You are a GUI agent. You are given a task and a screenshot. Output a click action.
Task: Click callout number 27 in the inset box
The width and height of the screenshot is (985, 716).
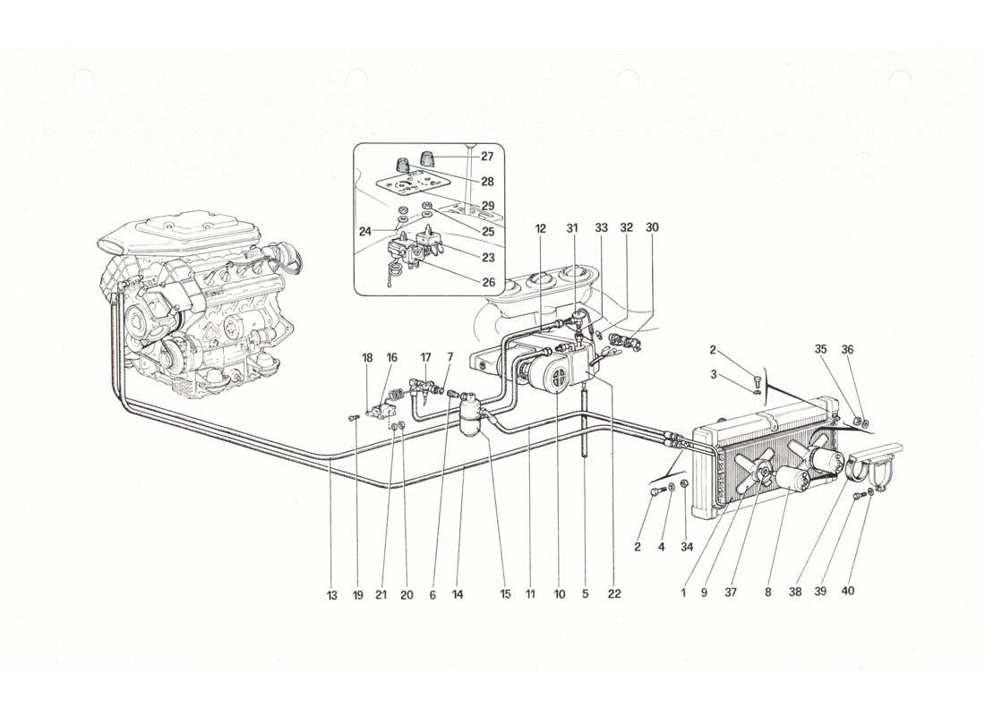[x=486, y=156]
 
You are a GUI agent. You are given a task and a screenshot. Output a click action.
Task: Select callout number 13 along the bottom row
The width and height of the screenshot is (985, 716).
[x=332, y=593]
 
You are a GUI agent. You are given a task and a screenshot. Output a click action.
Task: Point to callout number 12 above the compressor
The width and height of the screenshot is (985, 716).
[x=541, y=228]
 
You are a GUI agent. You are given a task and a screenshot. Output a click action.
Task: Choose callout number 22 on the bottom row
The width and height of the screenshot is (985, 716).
[x=613, y=593]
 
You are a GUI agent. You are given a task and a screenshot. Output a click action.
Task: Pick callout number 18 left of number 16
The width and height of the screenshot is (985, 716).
[x=367, y=357]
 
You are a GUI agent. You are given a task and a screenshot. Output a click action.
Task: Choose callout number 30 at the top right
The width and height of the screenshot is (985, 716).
[x=652, y=228]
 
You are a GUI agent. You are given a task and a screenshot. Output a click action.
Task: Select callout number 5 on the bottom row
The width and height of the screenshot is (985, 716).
[x=585, y=593]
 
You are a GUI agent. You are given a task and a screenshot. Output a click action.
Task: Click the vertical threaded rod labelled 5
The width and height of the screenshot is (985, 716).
[x=584, y=421]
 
